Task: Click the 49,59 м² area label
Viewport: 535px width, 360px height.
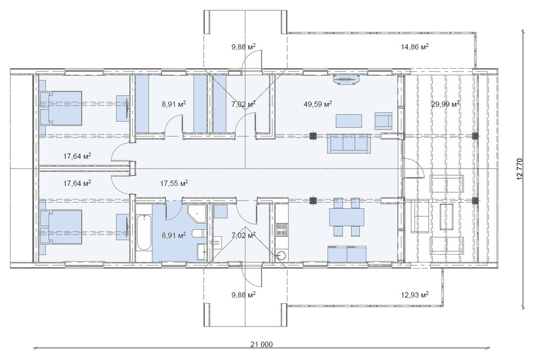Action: (x=318, y=104)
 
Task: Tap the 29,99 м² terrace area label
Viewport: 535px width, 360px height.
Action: (x=445, y=104)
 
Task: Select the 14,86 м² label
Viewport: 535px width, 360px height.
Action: (x=414, y=46)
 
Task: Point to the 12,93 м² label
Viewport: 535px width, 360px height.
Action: (x=414, y=294)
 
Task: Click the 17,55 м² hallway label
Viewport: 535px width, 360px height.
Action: (x=174, y=183)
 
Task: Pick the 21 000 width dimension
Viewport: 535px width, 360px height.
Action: (x=262, y=344)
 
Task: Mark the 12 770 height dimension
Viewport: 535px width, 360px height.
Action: (x=520, y=169)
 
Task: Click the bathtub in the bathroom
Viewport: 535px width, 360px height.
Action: (x=144, y=232)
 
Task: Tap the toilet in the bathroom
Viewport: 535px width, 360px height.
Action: (x=198, y=234)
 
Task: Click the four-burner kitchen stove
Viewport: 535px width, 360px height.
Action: (x=282, y=229)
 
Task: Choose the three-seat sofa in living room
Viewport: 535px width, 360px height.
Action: (x=349, y=143)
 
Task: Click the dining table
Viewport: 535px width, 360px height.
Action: (x=346, y=217)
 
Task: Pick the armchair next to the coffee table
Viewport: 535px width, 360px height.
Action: (x=384, y=121)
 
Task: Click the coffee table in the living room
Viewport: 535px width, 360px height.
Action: (x=349, y=121)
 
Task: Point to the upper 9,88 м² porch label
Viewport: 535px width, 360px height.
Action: (x=244, y=46)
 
